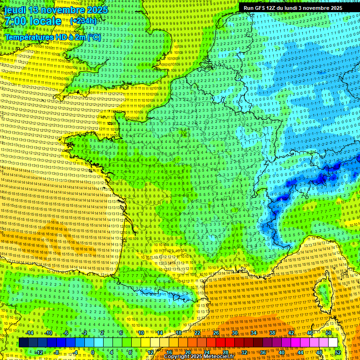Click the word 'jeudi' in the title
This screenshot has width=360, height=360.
pos(15,10)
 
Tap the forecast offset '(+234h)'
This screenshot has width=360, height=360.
pos(83,21)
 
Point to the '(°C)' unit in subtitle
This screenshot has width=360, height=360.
pos(94,37)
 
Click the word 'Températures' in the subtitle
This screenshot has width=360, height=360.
pos(28,37)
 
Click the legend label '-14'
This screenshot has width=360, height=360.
pos(30,333)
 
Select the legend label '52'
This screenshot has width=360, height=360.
pos(337,352)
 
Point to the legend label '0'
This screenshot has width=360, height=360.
pos(93,352)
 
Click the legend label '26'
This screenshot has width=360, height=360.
pos(216,333)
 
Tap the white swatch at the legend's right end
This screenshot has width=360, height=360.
pos(333,343)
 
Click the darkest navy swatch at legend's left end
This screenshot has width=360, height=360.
pos(23,343)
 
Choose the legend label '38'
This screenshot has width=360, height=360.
pos(272,333)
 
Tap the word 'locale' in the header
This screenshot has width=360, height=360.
pos(46,22)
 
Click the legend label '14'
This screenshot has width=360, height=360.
pos(159,333)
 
